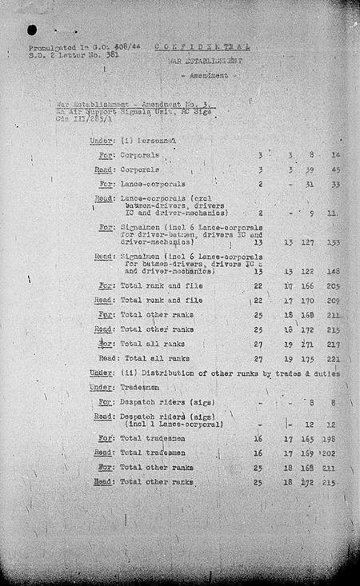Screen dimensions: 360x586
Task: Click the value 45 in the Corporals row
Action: [x=334, y=169]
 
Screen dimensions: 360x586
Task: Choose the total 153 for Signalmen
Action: [x=334, y=241]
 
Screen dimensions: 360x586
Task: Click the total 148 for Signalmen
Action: [x=334, y=272]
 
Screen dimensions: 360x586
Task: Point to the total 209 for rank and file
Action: [x=334, y=301]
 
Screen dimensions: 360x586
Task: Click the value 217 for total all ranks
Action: [x=334, y=344]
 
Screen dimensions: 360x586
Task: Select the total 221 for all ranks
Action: [x=334, y=359]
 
